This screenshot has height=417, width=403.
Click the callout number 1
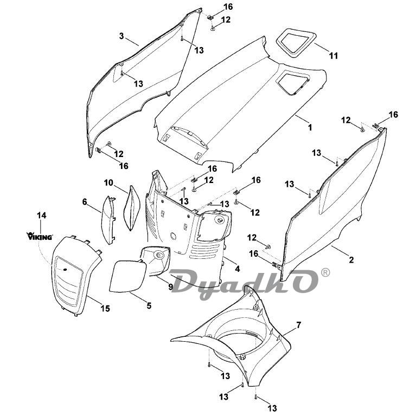click(310, 128)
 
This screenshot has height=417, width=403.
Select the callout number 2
click(351, 260)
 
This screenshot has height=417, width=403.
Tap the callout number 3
click(121, 36)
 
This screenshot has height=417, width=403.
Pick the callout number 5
click(149, 305)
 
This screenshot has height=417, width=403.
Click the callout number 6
click(85, 201)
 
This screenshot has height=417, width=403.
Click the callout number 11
click(333, 56)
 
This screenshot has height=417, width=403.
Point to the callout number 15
click(105, 308)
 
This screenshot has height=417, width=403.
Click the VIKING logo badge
click(40, 236)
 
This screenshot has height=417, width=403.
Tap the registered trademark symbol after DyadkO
click(325, 273)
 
